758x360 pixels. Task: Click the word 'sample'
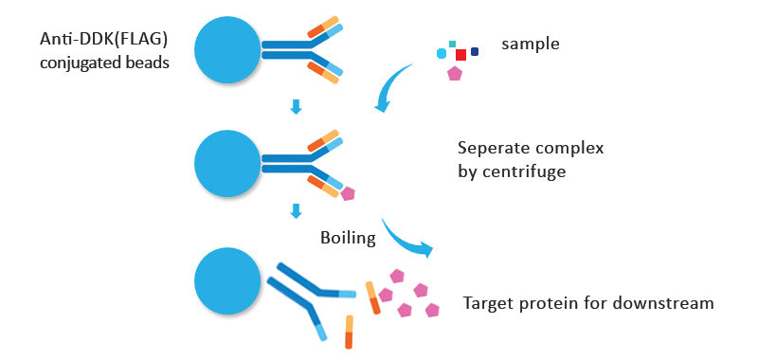[x=531, y=45]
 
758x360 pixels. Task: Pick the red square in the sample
[x=460, y=55]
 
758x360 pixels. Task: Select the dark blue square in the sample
[x=475, y=51]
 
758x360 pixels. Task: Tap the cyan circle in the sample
[x=442, y=54]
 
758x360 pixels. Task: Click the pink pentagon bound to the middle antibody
[x=348, y=194]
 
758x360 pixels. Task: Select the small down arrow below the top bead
[x=296, y=107]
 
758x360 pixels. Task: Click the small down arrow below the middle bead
[x=296, y=211]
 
